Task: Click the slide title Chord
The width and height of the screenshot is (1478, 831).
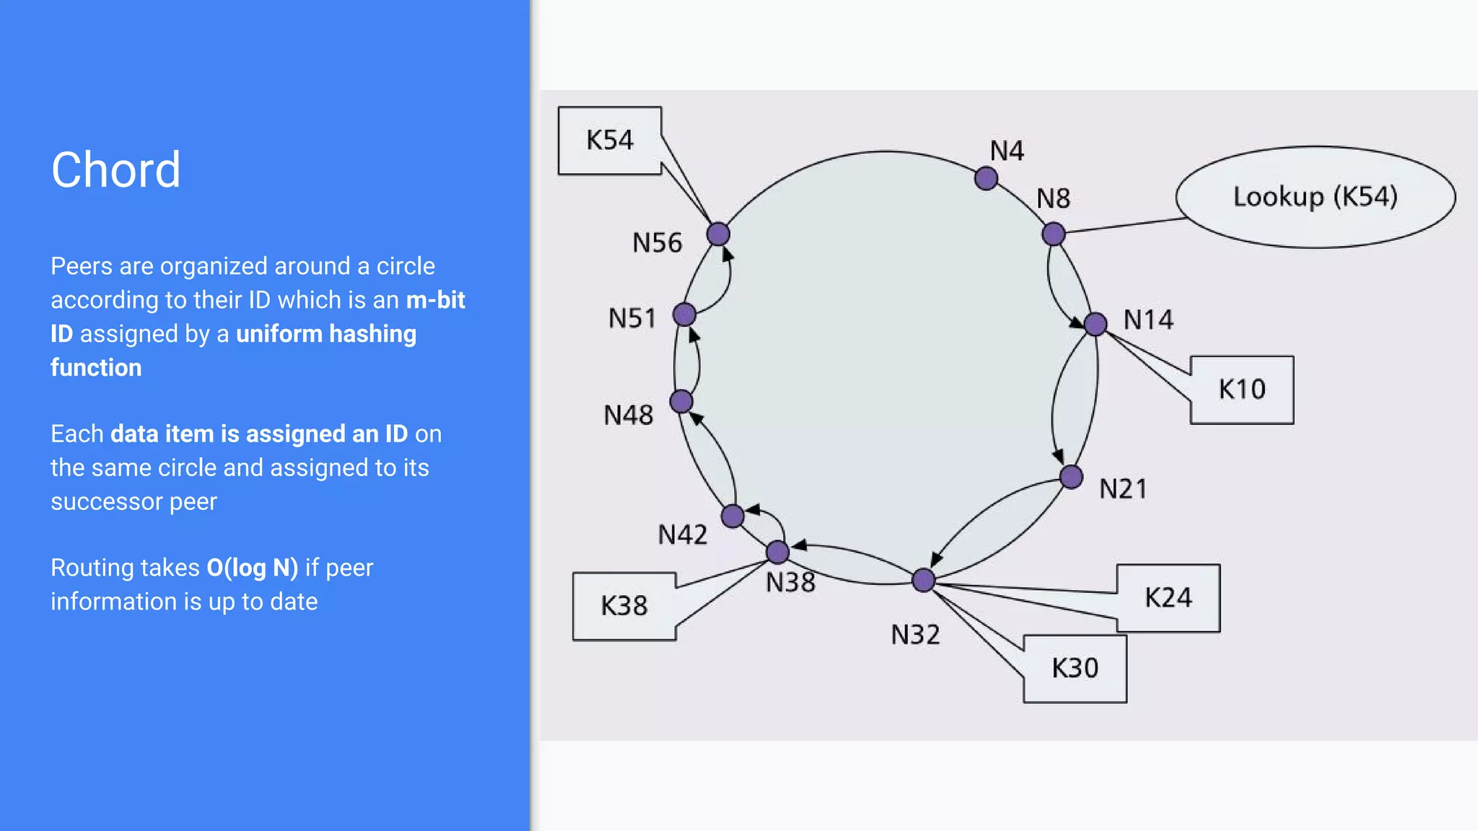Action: click(115, 170)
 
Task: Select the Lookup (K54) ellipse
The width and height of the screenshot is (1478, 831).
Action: click(1315, 197)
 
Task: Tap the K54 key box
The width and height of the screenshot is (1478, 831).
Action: click(610, 141)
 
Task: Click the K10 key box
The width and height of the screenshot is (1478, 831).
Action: click(1241, 390)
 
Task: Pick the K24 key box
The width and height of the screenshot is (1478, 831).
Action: click(1168, 598)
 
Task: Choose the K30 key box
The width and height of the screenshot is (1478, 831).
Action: click(1075, 669)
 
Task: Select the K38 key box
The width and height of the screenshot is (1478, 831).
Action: click(624, 606)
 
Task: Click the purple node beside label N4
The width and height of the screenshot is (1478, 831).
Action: click(986, 178)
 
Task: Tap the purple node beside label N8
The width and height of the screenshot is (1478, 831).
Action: click(1054, 234)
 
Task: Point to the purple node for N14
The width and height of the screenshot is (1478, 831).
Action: click(1096, 324)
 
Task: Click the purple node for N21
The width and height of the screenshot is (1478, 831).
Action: click(1072, 477)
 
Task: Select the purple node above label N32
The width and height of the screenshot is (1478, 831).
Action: click(924, 580)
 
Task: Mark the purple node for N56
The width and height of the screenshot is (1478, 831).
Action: click(718, 234)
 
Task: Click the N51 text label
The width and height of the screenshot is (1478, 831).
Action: click(632, 318)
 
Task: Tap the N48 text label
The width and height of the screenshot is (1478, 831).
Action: click(629, 415)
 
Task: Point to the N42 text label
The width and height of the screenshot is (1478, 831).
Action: click(682, 535)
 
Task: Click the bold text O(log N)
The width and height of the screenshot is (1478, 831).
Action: click(253, 568)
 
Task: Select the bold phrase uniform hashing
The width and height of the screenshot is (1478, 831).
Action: click(326, 334)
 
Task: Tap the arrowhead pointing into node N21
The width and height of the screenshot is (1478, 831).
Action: click(1059, 457)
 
